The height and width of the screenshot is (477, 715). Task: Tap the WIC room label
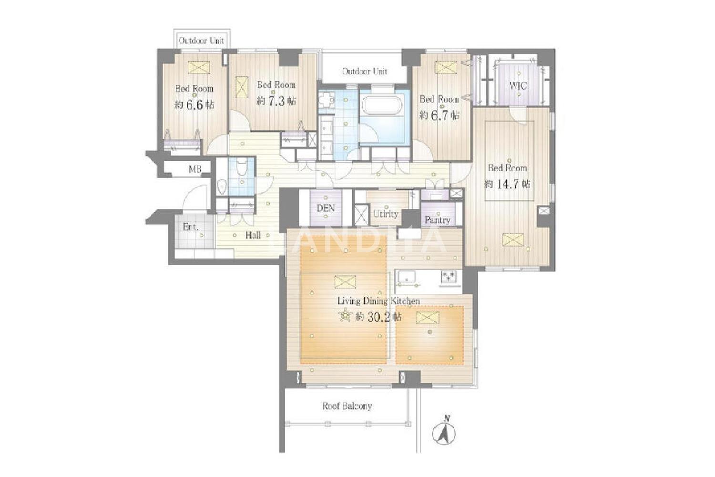coord(518,86)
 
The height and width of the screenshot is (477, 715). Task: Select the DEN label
coord(326,208)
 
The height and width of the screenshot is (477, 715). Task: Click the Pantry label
coord(437,220)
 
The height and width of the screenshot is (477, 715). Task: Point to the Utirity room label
coord(386,214)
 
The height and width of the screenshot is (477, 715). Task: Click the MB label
coord(195,169)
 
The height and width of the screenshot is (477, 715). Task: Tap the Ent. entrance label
coord(191,227)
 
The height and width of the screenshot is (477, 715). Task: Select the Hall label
coord(253,235)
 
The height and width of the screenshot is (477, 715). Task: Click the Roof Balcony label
coord(347,406)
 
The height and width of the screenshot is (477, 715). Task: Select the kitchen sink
coord(406,277)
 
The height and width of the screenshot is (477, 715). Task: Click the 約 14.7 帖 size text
coord(508,184)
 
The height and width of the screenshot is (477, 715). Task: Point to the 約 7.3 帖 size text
coord(276,101)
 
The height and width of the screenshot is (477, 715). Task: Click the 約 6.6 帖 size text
coord(194,105)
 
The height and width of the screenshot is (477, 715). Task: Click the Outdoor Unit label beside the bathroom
coord(365,71)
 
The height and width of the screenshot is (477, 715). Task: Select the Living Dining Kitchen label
coord(378,301)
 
